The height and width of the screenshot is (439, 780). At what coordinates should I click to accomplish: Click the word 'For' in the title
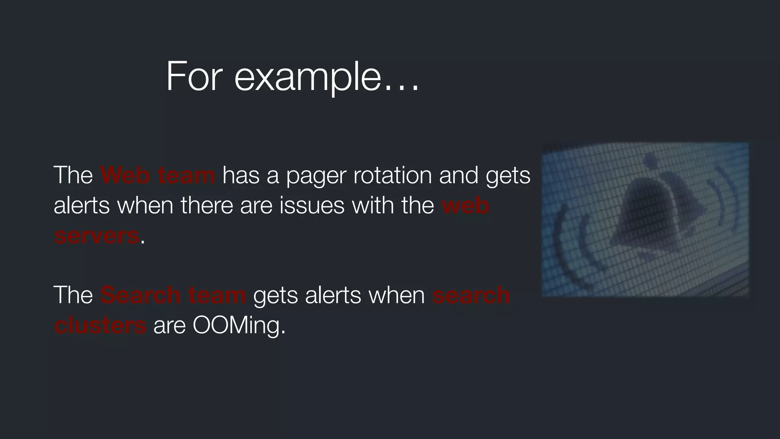[x=194, y=77]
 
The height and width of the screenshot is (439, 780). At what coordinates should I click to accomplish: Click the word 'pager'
[x=316, y=176]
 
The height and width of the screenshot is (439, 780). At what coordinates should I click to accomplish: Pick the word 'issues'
[x=312, y=205]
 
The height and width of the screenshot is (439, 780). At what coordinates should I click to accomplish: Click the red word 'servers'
[x=97, y=236]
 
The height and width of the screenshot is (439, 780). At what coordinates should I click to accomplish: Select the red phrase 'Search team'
[x=173, y=295]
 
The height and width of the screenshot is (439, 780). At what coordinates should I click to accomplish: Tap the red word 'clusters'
[x=100, y=325]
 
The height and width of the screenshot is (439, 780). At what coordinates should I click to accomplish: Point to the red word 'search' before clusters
[x=471, y=295]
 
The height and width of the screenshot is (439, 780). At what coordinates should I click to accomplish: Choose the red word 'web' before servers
[x=465, y=205]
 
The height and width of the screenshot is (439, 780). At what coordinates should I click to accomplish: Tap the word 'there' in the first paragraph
[x=207, y=205]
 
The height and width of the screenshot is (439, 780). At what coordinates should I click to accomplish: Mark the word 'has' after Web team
[x=240, y=175]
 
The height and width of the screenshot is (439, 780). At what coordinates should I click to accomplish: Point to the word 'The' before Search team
[x=73, y=295]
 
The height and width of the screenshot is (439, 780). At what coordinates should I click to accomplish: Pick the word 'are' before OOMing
[x=169, y=326]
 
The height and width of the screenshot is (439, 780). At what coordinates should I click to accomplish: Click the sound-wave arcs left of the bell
[x=571, y=244]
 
